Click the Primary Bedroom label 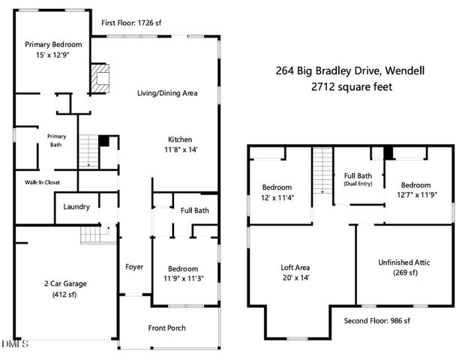tap(53, 44)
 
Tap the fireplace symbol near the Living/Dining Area tap(99, 78)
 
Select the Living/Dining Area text tap(166, 94)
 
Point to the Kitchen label tap(179, 139)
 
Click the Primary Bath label tap(57, 140)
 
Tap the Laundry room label tap(76, 207)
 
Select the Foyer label tap(134, 266)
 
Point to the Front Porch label tap(166, 328)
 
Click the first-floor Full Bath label tap(195, 210)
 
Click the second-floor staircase tap(322, 169)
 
